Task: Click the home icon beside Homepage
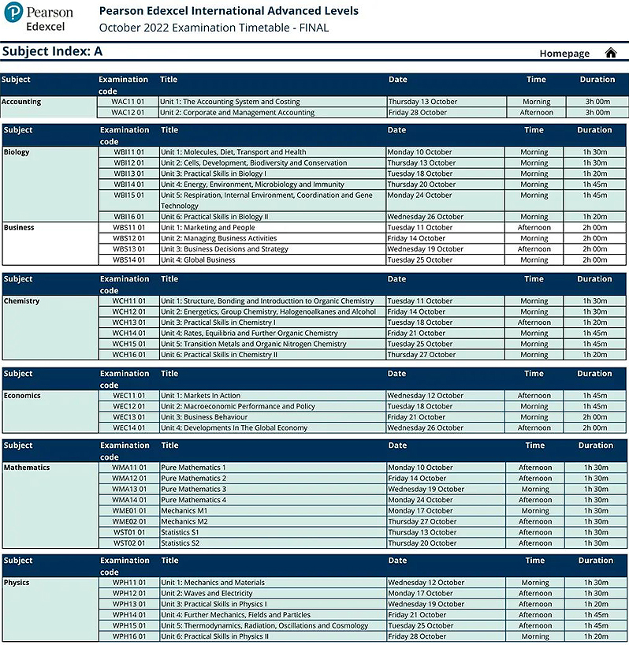pyautogui.click(x=610, y=53)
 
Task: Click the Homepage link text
pyautogui.click(x=564, y=54)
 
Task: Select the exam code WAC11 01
pyautogui.click(x=128, y=102)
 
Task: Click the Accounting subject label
pyautogui.click(x=22, y=102)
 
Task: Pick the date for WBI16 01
pyautogui.click(x=425, y=217)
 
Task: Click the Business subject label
pyautogui.click(x=19, y=228)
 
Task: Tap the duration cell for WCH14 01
pyautogui.click(x=595, y=334)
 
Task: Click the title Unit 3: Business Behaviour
pyautogui.click(x=204, y=417)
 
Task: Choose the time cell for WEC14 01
pyautogui.click(x=534, y=428)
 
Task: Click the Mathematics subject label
pyautogui.click(x=26, y=468)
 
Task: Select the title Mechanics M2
pyautogui.click(x=184, y=522)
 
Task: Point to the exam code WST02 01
pyautogui.click(x=130, y=543)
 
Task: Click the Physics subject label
pyautogui.click(x=17, y=583)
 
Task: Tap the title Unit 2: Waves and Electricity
pyautogui.click(x=207, y=594)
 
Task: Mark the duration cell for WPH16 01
pyautogui.click(x=596, y=636)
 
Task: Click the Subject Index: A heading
pyautogui.click(x=53, y=52)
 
